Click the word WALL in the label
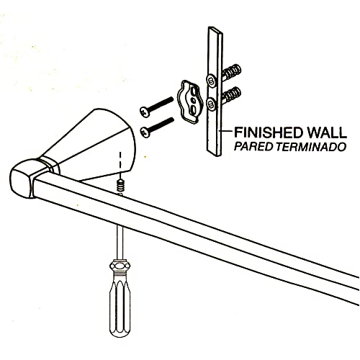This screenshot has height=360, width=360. coord(325,132)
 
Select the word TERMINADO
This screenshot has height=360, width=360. coord(311,147)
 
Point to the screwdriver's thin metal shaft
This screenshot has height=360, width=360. coord(120,243)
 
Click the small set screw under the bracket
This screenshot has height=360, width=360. coord(120,186)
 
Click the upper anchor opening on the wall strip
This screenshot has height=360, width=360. coord(212,79)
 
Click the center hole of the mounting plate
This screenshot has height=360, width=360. coord(192,99)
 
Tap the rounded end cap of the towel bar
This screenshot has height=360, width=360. coord(24,178)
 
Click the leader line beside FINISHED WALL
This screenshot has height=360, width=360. coord(226,131)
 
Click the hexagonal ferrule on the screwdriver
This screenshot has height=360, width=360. coord(120,266)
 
